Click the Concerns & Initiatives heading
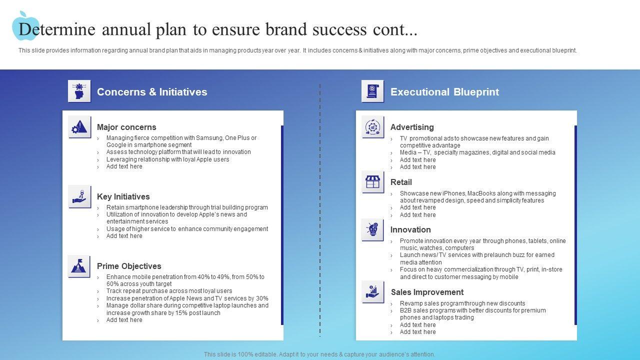(x=151, y=92)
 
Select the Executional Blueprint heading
(x=444, y=92)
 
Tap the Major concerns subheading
(x=126, y=127)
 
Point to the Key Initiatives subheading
(x=123, y=196)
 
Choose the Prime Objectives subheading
(x=129, y=266)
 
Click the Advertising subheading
(x=412, y=127)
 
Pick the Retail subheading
(x=401, y=182)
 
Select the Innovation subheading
(x=410, y=229)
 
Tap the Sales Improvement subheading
(x=427, y=292)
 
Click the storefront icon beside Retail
(x=373, y=182)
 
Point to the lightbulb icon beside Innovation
(x=373, y=229)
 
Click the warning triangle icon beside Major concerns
(x=79, y=127)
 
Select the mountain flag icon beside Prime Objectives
(x=79, y=266)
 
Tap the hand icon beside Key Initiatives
(x=79, y=196)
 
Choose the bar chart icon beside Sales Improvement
(x=373, y=292)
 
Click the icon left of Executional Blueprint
(x=373, y=91)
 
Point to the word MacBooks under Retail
(x=481, y=193)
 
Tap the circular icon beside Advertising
(x=373, y=127)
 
